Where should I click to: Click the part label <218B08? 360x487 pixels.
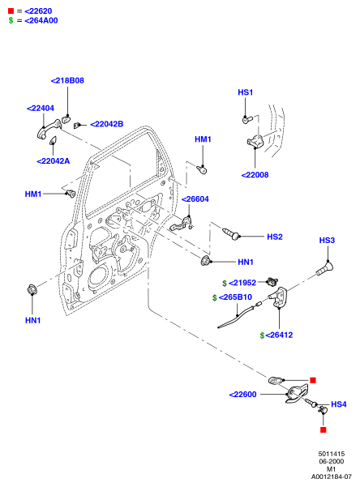coord(67,80)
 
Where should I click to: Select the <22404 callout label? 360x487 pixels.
coord(41,108)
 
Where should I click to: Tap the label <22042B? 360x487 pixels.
coord(107,124)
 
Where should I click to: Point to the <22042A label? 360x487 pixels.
coord(54,161)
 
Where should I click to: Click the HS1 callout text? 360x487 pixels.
coord(246,92)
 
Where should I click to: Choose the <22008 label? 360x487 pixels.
coord(255,174)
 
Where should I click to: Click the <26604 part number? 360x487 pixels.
coord(195,199)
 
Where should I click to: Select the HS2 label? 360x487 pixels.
coord(275,237)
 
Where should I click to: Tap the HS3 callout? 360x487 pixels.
coord(327,240)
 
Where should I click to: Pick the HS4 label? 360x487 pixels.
coord(339,404)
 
